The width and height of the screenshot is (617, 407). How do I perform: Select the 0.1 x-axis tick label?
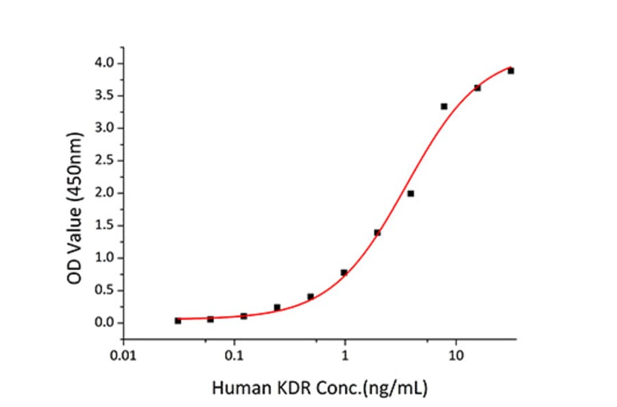tap(234, 357)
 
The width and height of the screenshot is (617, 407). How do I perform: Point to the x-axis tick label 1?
tap(345, 357)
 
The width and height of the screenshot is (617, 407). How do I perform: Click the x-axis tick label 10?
tap(456, 357)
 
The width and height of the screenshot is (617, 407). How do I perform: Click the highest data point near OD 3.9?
tap(511, 71)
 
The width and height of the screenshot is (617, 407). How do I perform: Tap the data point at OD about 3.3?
tap(444, 106)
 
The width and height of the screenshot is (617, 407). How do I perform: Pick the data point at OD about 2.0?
tap(410, 193)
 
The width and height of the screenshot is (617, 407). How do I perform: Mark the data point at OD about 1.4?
tap(377, 232)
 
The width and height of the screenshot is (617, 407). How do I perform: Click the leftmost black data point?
tap(178, 321)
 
